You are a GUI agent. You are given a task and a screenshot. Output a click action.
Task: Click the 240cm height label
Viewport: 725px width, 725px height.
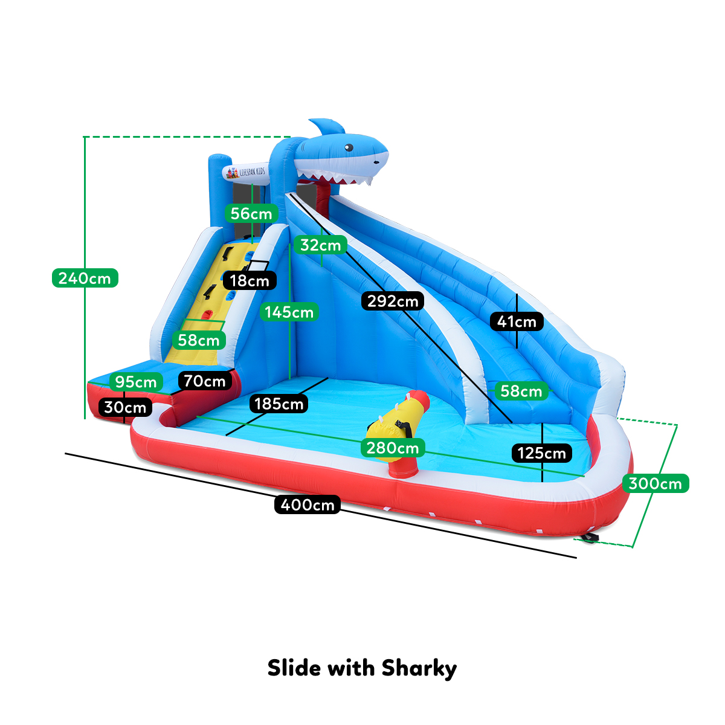pos(85,278)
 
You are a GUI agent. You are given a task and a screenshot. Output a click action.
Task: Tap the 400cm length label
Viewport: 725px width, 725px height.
pos(308,504)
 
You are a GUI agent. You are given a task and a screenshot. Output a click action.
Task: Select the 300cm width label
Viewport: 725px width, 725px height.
pos(655,483)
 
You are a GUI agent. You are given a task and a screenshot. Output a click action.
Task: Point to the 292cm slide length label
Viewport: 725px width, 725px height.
pos(393,300)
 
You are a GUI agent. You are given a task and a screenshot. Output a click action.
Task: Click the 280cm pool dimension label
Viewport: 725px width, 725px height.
pos(393,448)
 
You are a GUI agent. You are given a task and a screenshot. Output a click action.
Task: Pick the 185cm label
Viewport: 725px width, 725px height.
pos(279,404)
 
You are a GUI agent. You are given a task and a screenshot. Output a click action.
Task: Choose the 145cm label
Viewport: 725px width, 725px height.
pos(289,312)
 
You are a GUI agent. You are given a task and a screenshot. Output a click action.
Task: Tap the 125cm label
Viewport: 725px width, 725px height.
pos(542,453)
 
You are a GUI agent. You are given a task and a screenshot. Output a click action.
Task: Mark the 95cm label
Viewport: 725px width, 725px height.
pos(136,382)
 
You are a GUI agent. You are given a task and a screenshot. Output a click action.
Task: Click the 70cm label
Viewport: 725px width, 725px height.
pos(204,381)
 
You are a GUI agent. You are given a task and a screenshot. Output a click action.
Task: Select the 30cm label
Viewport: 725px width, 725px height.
pos(125,407)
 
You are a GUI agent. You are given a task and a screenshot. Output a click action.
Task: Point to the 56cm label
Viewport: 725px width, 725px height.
pos(251,213)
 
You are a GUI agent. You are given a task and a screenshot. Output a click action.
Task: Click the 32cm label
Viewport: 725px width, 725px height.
pos(321,245)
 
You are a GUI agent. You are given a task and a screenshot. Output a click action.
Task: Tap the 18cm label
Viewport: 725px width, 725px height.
pos(250,280)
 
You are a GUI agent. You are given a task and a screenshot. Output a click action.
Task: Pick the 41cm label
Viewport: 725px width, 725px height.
pos(517,321)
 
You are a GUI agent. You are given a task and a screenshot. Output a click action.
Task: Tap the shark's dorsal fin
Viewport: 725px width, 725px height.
pos(326,127)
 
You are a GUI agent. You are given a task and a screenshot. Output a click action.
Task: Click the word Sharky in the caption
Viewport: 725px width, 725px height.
pos(419,668)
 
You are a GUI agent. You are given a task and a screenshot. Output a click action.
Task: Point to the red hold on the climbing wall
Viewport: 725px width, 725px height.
pos(207,315)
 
